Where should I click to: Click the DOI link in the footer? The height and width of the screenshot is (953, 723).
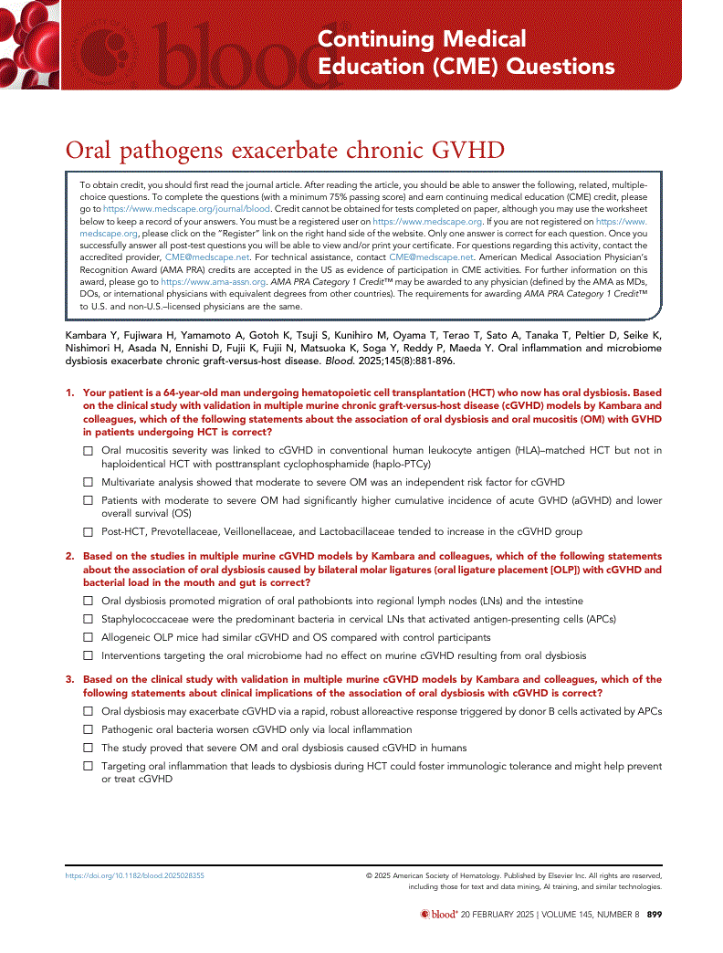(x=134, y=875)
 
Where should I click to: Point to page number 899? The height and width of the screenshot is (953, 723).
(x=654, y=915)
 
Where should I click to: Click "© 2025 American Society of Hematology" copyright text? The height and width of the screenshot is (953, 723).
(x=436, y=875)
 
